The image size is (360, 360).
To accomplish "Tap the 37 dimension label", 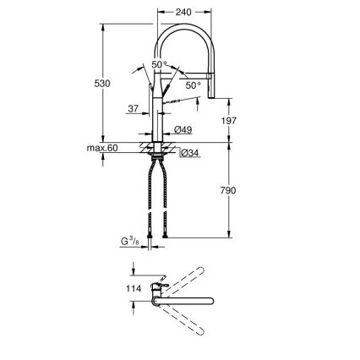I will [x=133, y=108].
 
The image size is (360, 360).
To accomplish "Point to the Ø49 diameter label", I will [x=184, y=129].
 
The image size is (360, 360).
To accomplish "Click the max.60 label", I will [x=101, y=149].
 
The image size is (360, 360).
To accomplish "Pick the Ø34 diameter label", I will [x=192, y=153].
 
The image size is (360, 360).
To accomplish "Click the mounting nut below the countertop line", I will [x=157, y=155].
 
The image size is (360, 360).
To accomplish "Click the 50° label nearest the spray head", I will [x=194, y=85].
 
